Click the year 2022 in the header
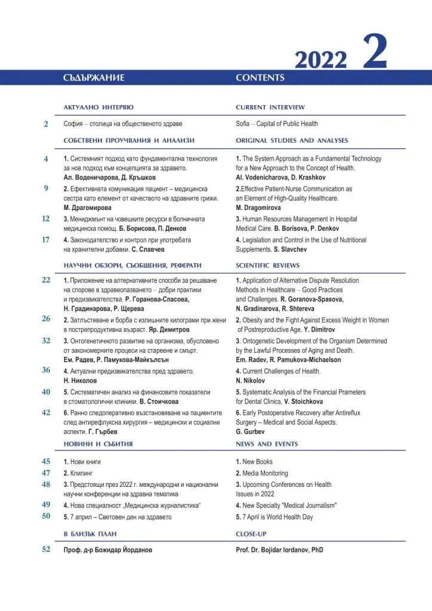(x=320, y=60)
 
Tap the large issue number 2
(x=375, y=53)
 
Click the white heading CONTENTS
(x=260, y=78)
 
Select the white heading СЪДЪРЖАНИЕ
(x=94, y=78)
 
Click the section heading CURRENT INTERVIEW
(x=270, y=107)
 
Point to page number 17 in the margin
(x=46, y=240)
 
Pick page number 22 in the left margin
(x=46, y=280)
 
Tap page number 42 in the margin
(x=46, y=412)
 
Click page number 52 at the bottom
(x=46, y=550)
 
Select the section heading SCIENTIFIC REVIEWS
(x=268, y=266)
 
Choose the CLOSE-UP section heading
(x=252, y=533)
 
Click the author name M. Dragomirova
(x=259, y=208)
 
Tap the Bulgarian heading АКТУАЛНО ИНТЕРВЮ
(x=98, y=107)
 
